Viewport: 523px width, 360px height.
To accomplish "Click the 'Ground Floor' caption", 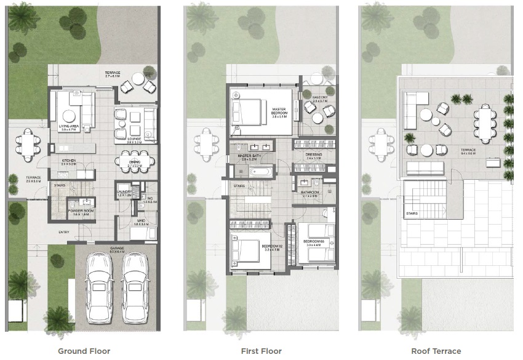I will coord(84,351).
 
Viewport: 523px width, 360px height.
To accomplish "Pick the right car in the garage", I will coord(134,287).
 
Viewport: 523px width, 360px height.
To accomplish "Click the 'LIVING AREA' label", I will coord(67,126).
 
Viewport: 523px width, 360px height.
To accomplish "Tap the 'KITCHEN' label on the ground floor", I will coord(68,161).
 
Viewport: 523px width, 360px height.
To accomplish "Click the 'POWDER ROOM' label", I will coord(81,210).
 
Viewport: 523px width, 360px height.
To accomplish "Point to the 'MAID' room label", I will coord(142,222).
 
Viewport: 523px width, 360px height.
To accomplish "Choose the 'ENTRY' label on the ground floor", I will coord(64,233).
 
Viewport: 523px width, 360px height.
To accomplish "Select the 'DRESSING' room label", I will coord(314,154).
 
